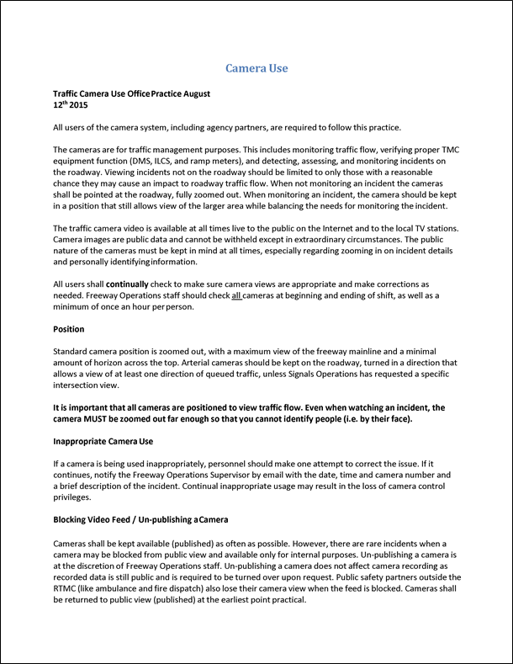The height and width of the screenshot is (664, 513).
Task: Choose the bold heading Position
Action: click(x=68, y=329)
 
